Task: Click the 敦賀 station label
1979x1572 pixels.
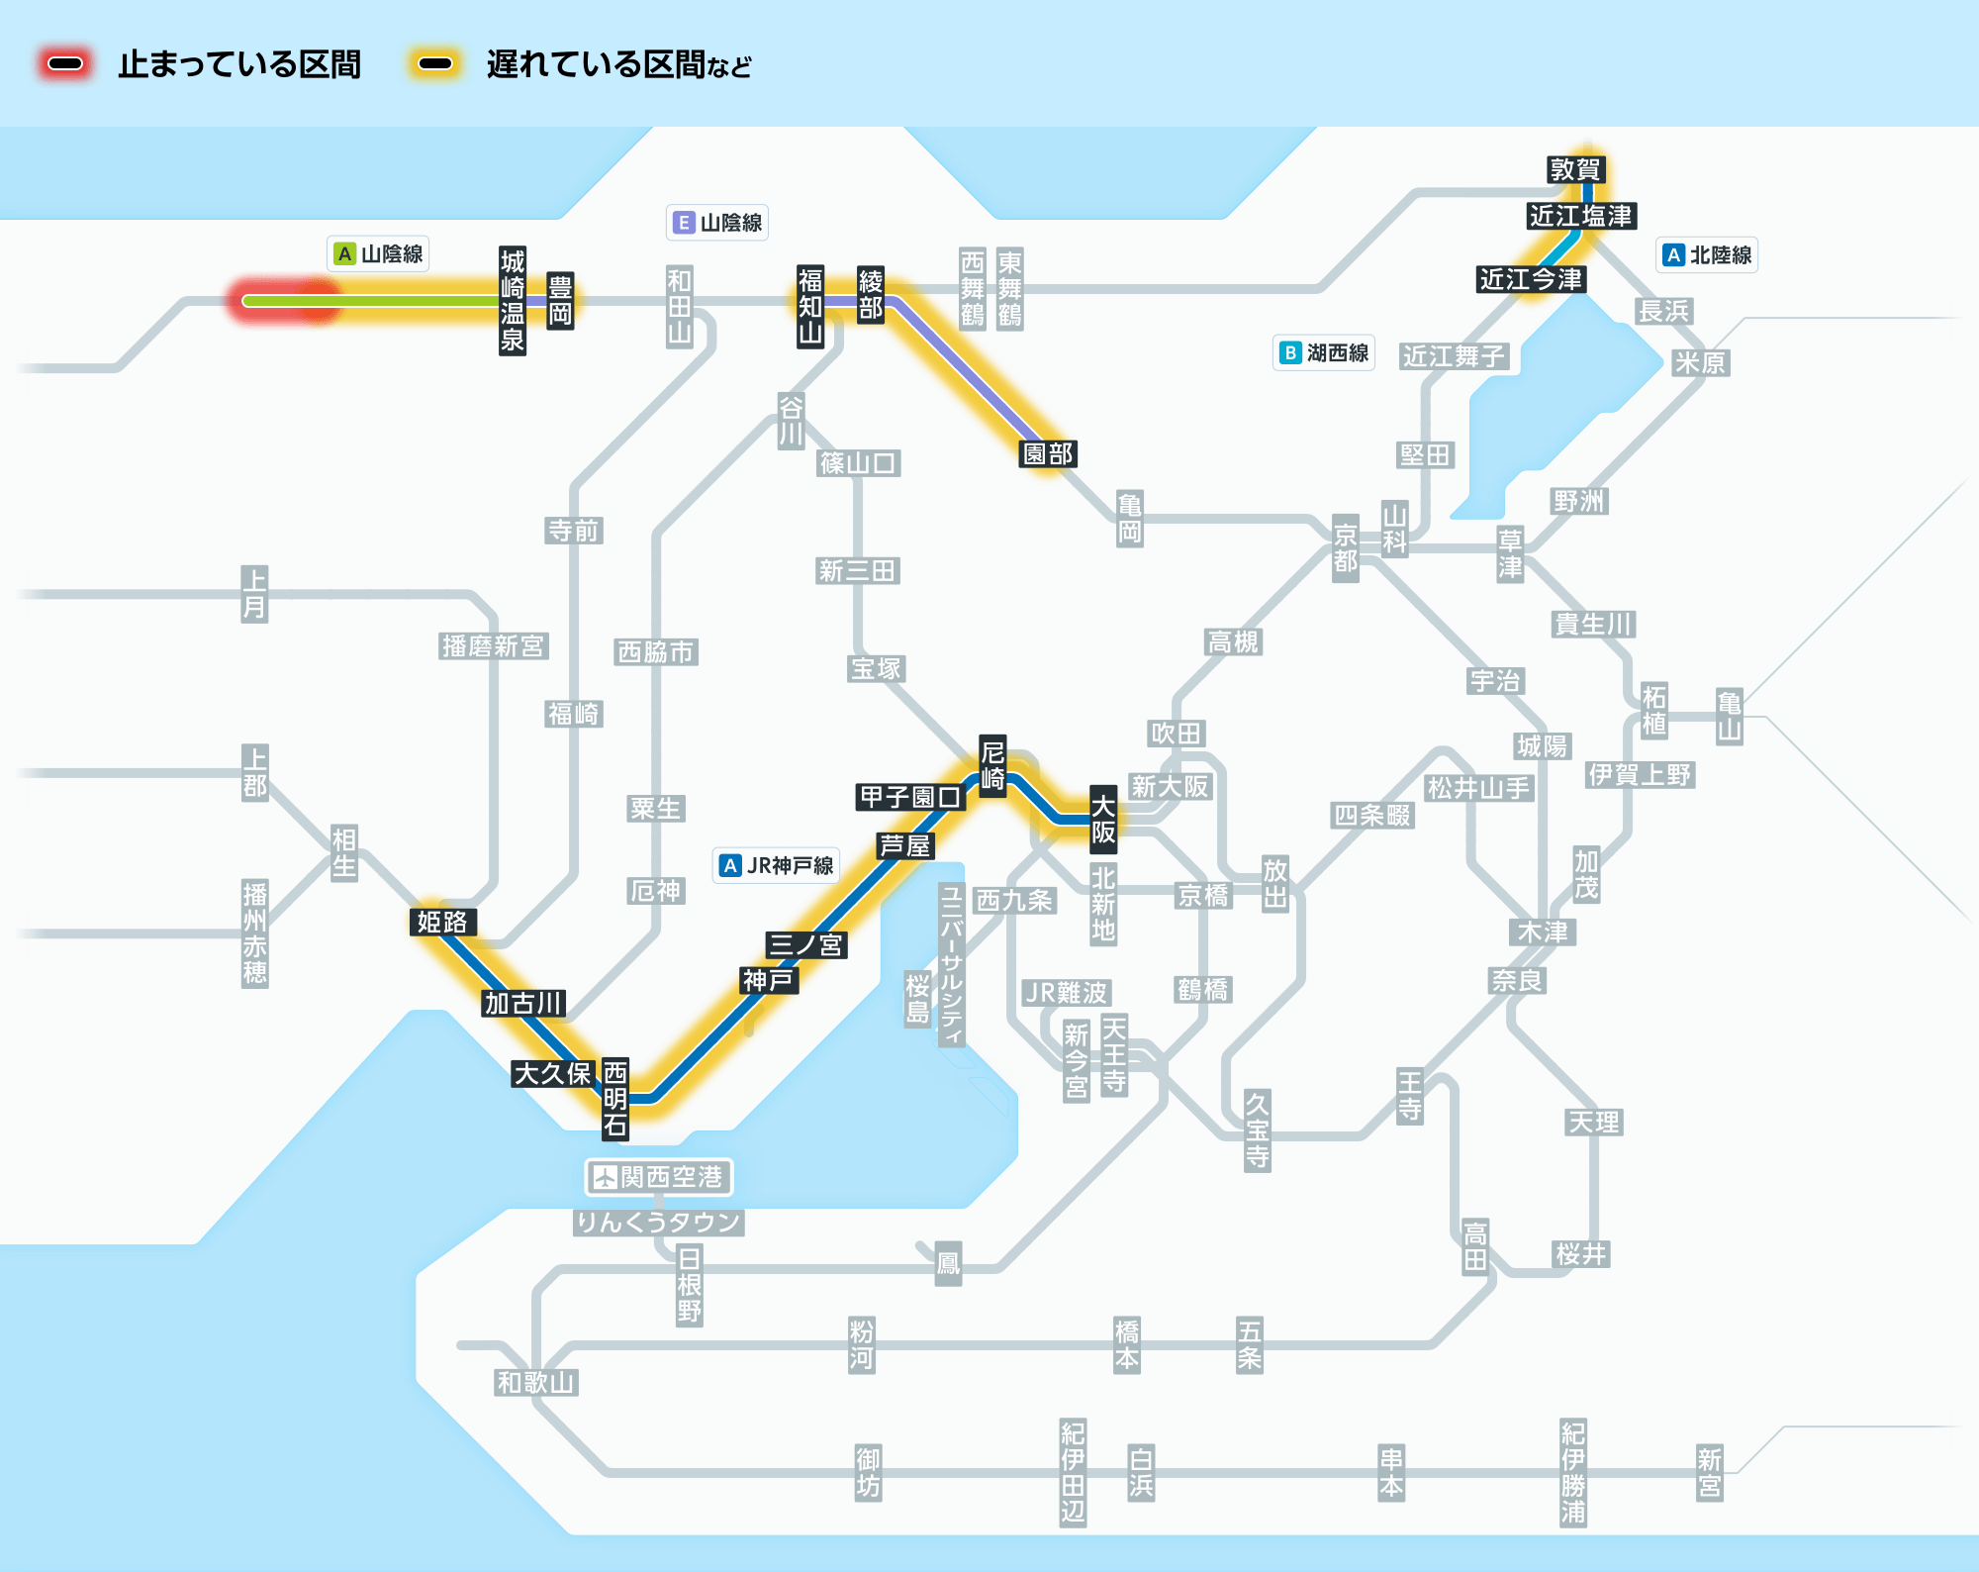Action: click(1574, 169)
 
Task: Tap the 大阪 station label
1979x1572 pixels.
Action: click(1103, 819)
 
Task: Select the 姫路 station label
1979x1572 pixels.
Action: click(442, 922)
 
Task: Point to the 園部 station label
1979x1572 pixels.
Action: click(1048, 453)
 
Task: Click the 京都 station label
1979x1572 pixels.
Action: click(1345, 548)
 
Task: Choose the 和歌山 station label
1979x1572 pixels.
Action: click(536, 1382)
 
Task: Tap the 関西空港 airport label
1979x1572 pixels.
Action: click(659, 1177)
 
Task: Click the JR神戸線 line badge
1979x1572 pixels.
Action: click(777, 865)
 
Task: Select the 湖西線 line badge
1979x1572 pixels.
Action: click(1324, 352)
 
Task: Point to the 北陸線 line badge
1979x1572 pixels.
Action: click(1707, 254)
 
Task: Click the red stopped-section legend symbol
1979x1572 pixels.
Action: click(65, 64)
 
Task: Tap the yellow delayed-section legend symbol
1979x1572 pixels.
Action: click(435, 64)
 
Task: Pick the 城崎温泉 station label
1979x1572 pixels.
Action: click(513, 301)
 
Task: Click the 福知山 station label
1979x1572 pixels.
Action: click(810, 306)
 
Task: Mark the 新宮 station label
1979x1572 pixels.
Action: click(1709, 1473)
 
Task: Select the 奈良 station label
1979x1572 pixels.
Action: click(1518, 981)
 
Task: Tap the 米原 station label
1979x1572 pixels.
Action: click(1700, 363)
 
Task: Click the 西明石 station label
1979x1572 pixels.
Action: click(615, 1099)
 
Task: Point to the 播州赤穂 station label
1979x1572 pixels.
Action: click(255, 933)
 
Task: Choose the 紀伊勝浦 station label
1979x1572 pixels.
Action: click(1573, 1473)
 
